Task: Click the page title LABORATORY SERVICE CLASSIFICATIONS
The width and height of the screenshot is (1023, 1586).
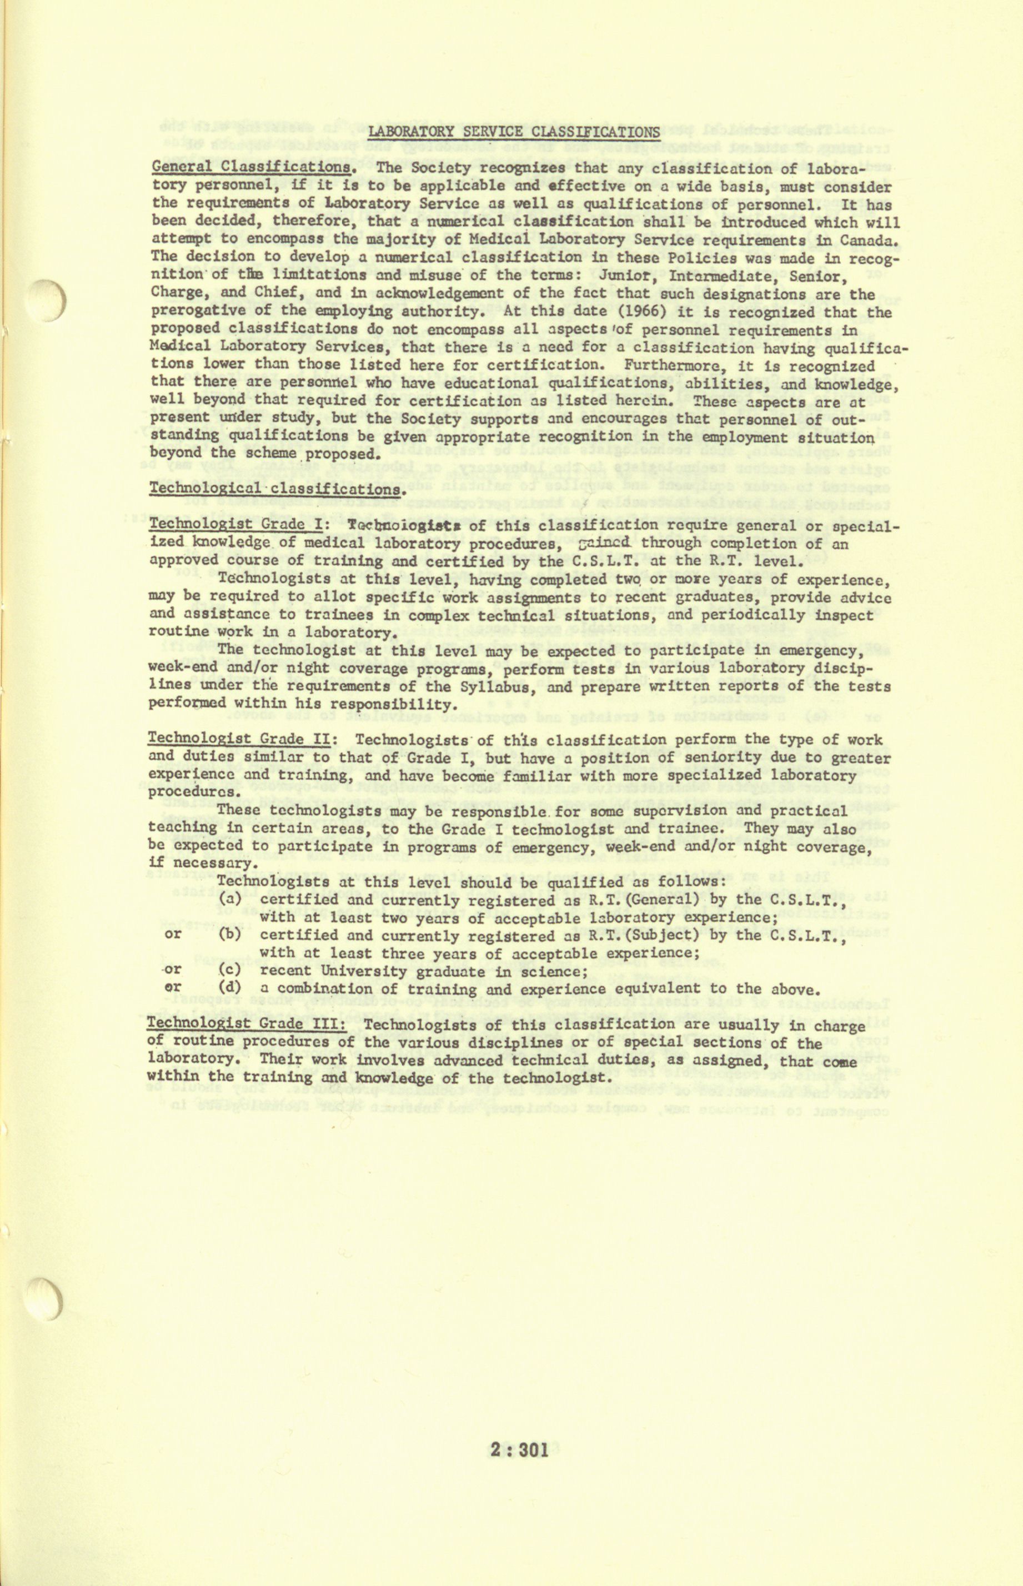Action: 514,132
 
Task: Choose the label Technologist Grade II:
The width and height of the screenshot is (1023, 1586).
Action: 243,739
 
